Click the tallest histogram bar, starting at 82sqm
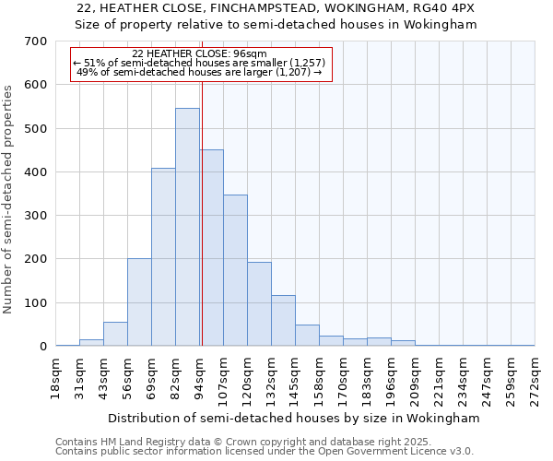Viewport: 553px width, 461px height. [x=187, y=227]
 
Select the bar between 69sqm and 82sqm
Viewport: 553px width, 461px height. [x=163, y=257]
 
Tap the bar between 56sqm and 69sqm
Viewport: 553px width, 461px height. [x=139, y=302]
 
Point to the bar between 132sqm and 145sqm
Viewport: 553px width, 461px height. [x=283, y=321]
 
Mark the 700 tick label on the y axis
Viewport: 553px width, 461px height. [x=36, y=41]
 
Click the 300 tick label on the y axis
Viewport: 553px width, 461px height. [x=36, y=216]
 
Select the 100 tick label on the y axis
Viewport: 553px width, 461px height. [x=36, y=303]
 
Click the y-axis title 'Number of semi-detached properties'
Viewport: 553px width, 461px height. [x=8, y=199]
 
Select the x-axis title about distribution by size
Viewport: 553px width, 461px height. [x=294, y=418]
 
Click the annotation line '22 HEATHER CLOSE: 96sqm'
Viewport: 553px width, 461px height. [x=199, y=54]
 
